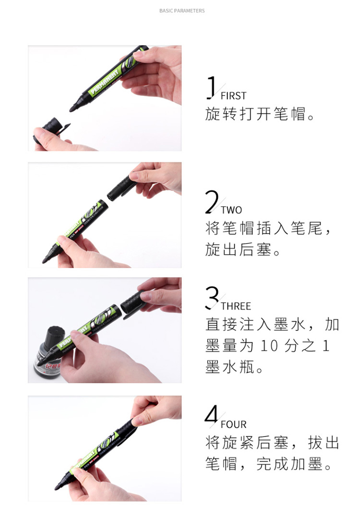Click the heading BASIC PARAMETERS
click(182, 11)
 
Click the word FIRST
click(233, 96)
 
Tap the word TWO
click(231, 210)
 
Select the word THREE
click(236, 306)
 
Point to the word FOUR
click(233, 424)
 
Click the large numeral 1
click(211, 88)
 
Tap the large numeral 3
click(212, 298)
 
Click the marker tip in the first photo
click(73, 108)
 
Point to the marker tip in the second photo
click(46, 260)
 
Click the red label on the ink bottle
click(53, 366)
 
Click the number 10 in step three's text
click(269, 346)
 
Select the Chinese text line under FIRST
click(260, 114)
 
